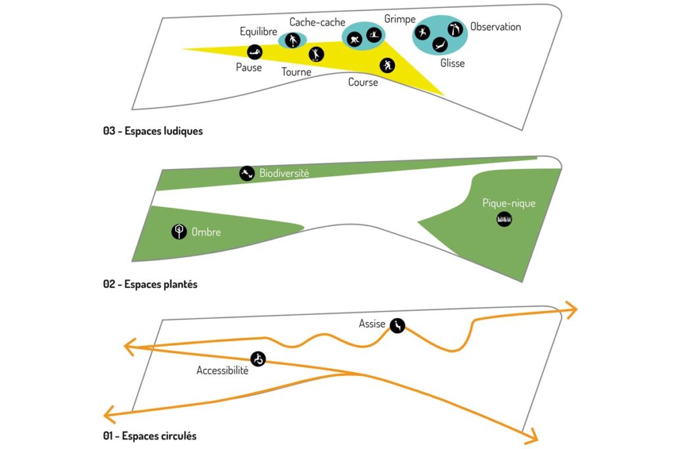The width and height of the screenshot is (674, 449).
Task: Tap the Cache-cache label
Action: click(x=313, y=22)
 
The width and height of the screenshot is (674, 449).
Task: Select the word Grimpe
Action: click(x=400, y=19)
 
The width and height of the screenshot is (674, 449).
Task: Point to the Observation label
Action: click(x=495, y=27)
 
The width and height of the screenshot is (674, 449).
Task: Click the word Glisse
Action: click(x=452, y=63)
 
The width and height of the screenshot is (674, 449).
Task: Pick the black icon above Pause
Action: click(x=254, y=51)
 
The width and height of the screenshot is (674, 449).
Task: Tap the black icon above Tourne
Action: click(x=317, y=54)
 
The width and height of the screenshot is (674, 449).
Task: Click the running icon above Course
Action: click(x=387, y=65)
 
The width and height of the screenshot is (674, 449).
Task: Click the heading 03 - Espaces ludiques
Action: click(x=153, y=131)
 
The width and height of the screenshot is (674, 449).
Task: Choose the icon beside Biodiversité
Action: click(x=247, y=173)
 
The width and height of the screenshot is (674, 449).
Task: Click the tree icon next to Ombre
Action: click(x=178, y=231)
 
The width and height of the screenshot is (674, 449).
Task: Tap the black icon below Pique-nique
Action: click(x=504, y=219)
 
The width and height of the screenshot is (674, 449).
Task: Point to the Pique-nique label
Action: click(x=509, y=203)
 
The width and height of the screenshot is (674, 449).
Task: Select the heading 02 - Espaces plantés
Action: click(x=150, y=285)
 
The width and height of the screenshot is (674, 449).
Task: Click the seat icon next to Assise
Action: click(x=397, y=325)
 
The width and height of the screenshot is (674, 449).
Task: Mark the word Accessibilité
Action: click(x=222, y=371)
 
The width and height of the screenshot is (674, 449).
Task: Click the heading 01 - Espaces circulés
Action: click(x=149, y=436)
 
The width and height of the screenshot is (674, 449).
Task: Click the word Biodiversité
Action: click(x=284, y=174)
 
